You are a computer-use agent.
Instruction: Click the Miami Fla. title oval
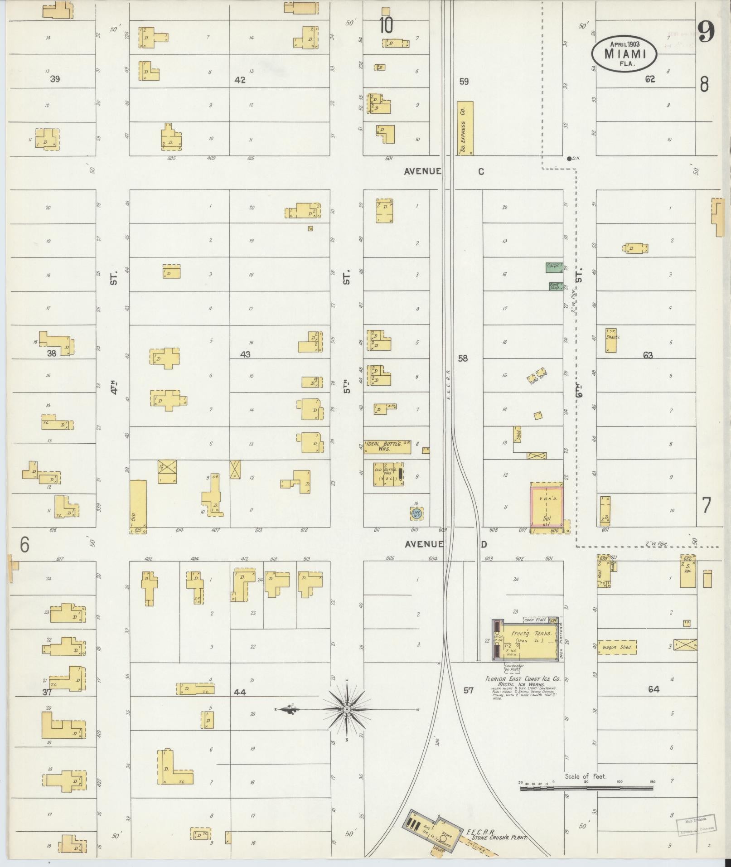coord(624,54)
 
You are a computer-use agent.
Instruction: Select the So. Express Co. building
coord(465,128)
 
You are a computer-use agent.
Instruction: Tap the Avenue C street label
coord(444,171)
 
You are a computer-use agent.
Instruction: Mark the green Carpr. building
coord(554,267)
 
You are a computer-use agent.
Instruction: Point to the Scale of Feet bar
coord(586,788)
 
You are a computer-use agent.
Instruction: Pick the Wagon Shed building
coord(617,647)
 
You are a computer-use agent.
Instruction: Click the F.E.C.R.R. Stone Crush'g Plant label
coord(496,836)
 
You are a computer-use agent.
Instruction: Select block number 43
coord(245,354)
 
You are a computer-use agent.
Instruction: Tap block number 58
coord(463,358)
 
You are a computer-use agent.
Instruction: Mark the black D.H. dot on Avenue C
coord(569,159)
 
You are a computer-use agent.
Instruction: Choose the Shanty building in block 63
coord(611,340)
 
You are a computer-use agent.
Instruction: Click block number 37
coord(47,692)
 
